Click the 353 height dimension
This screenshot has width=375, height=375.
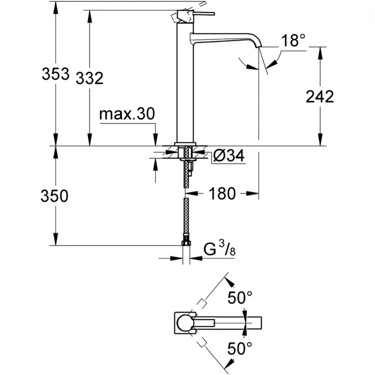55,73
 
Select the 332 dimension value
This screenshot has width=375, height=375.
90,78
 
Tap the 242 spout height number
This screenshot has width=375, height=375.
320,97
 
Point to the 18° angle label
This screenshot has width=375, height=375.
294,40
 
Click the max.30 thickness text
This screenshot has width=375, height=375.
127,114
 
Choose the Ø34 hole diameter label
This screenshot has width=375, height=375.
229,156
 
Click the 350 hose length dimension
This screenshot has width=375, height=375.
54,196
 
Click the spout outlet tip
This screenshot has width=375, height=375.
259,45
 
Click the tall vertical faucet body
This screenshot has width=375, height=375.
185,82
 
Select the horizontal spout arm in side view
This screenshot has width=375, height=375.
226,38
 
